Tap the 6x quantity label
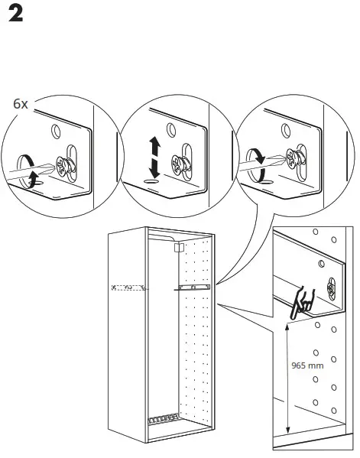[21, 102]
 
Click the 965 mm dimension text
[307, 365]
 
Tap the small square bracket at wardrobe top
[179, 248]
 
